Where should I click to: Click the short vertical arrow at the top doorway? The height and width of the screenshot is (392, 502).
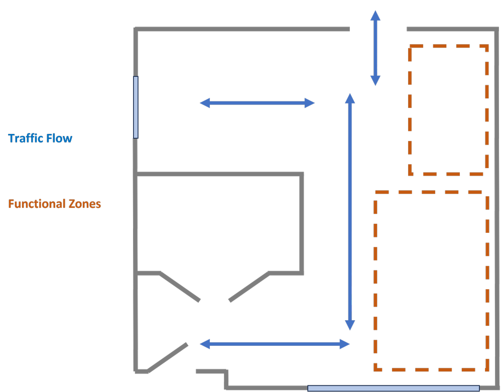pos(375,48)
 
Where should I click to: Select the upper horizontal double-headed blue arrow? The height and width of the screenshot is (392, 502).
pos(257,103)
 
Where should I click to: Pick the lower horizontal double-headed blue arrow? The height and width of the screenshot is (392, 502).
pos(275,344)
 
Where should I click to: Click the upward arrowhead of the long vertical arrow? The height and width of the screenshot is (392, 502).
pos(350,98)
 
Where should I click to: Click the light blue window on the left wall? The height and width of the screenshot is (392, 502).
pos(136,107)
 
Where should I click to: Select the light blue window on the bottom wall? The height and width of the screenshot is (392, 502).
pos(393,388)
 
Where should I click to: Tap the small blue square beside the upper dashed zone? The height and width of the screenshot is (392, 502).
pos(491,102)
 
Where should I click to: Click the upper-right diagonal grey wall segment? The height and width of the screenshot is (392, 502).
pos(248,288)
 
